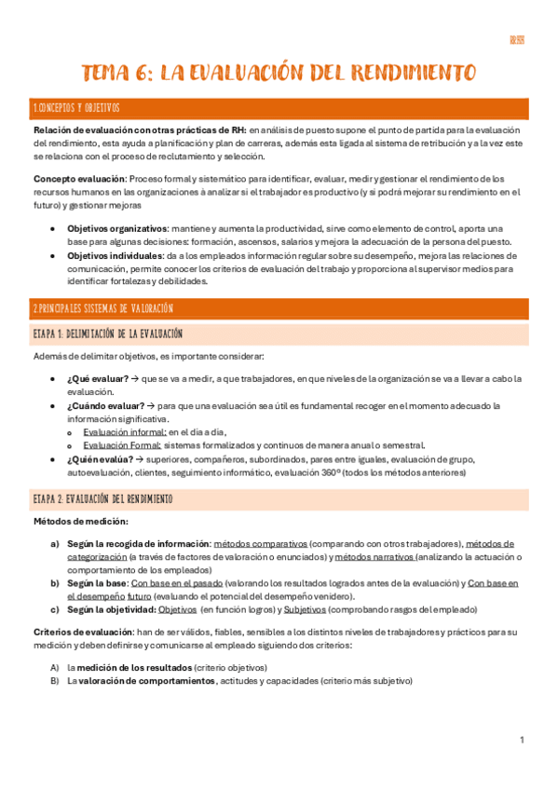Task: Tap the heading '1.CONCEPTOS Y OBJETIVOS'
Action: click(x=76, y=109)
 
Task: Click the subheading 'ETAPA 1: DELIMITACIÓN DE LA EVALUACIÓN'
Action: click(x=107, y=333)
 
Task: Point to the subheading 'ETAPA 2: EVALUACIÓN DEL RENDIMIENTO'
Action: click(x=104, y=499)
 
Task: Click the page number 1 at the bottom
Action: click(x=523, y=740)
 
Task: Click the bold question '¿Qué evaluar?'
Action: click(x=92, y=378)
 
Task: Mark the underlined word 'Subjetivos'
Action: click(x=304, y=609)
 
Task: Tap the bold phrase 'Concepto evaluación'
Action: click(x=79, y=178)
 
